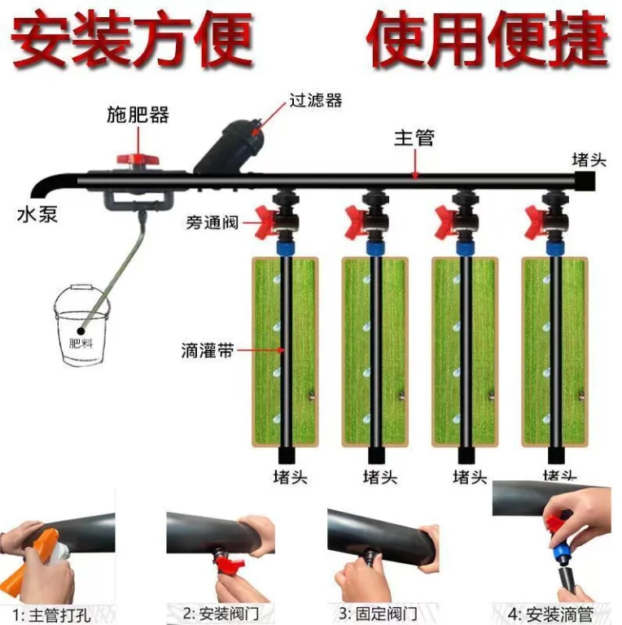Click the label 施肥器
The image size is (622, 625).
pos(138,114)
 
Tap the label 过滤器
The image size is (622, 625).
pos(315,100)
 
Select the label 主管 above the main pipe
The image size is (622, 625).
pos(414,138)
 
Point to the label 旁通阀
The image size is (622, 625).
pos(212,221)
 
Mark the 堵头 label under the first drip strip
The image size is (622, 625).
pos(289,477)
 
